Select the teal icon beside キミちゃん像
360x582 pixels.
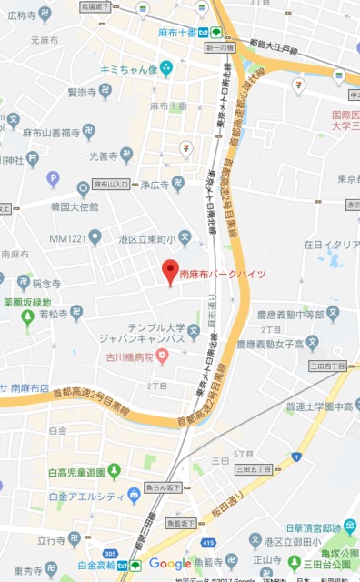166,68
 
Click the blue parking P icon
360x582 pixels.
53,178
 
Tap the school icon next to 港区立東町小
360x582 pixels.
185,238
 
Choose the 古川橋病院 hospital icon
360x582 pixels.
162,356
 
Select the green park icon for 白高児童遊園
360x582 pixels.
114,470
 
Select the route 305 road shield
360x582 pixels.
110,551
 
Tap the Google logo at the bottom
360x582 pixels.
170,564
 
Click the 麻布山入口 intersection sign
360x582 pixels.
112,184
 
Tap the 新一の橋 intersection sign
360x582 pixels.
219,46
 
